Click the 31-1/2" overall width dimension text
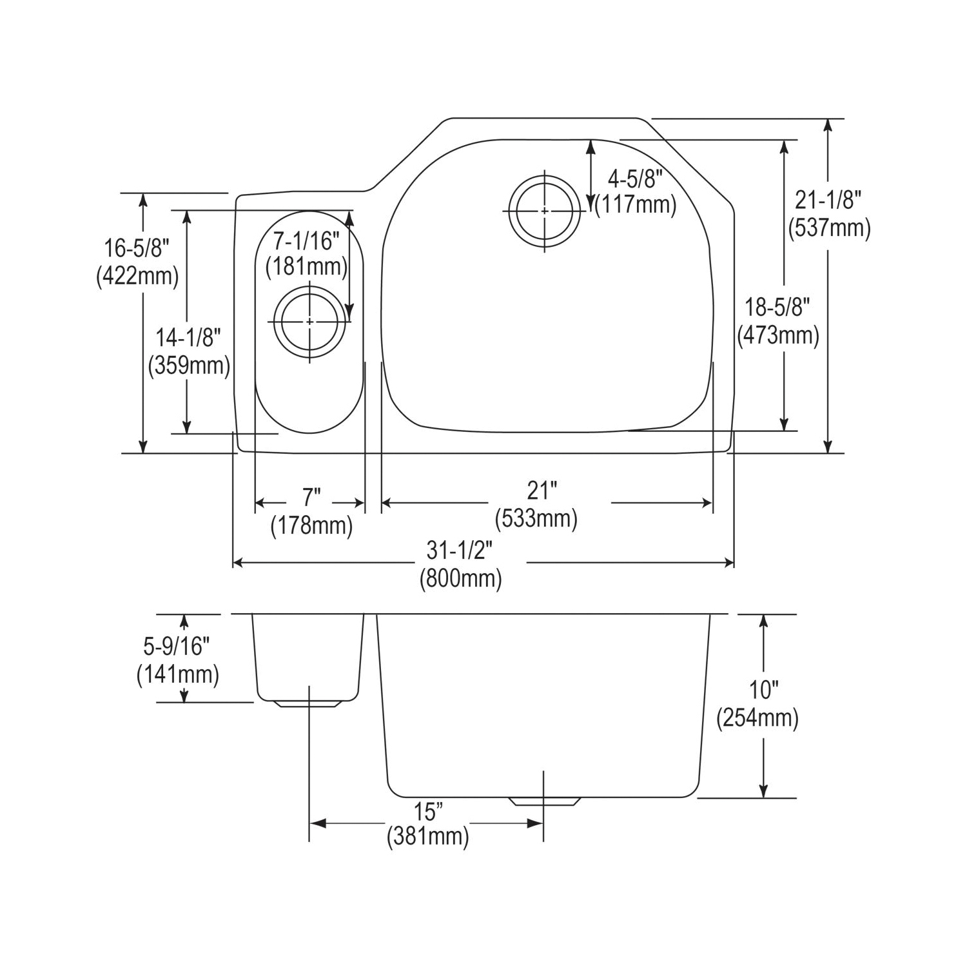[x=460, y=551]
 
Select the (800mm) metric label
[x=460, y=579]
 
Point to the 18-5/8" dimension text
[x=777, y=307]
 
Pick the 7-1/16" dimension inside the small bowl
[x=306, y=241]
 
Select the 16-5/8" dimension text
[x=137, y=247]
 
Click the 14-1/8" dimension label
[x=188, y=337]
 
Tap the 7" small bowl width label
[x=311, y=497]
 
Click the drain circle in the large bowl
[x=545, y=211]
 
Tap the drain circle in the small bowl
[x=309, y=321]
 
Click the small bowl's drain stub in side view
[x=308, y=705]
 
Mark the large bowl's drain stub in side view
[x=544, y=801]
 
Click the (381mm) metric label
[x=428, y=837]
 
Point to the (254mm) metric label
[x=757, y=718]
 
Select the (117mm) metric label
[x=636, y=205]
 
